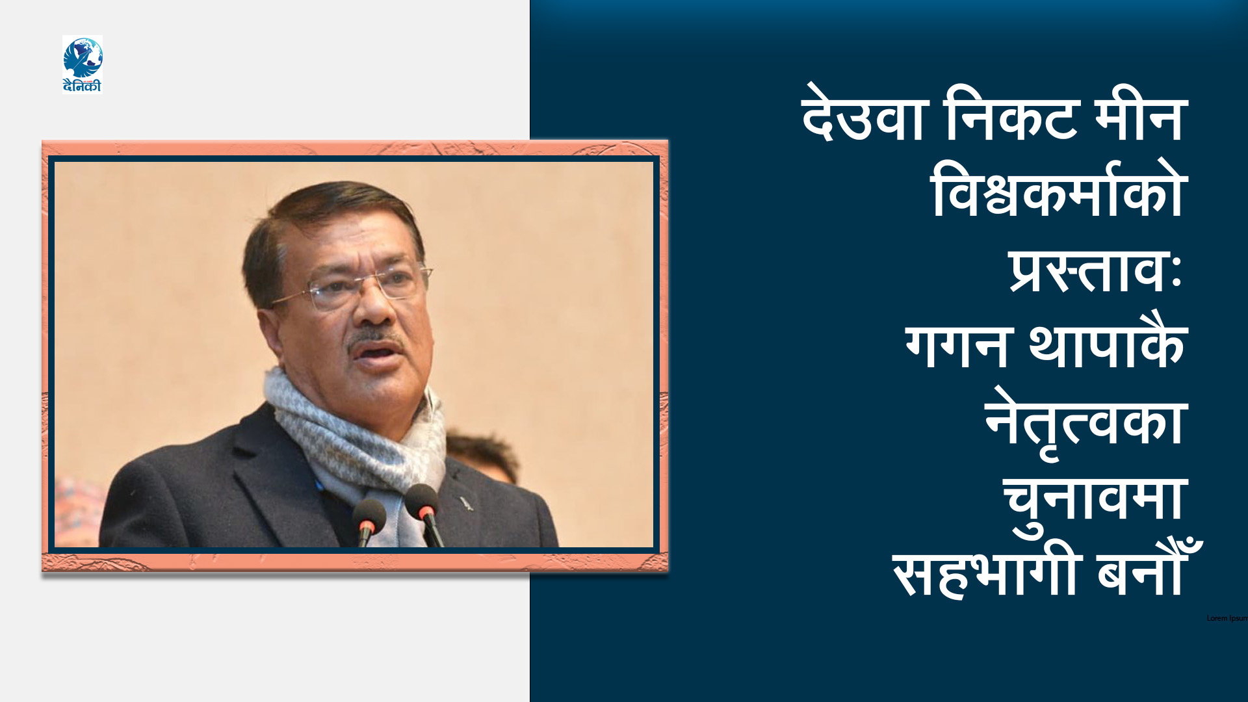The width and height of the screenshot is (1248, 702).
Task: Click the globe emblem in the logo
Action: (83, 57)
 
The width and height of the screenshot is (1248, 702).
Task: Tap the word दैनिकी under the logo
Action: (83, 86)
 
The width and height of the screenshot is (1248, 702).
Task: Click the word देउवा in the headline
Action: (863, 117)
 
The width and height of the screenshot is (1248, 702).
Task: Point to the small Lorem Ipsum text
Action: (1227, 618)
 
